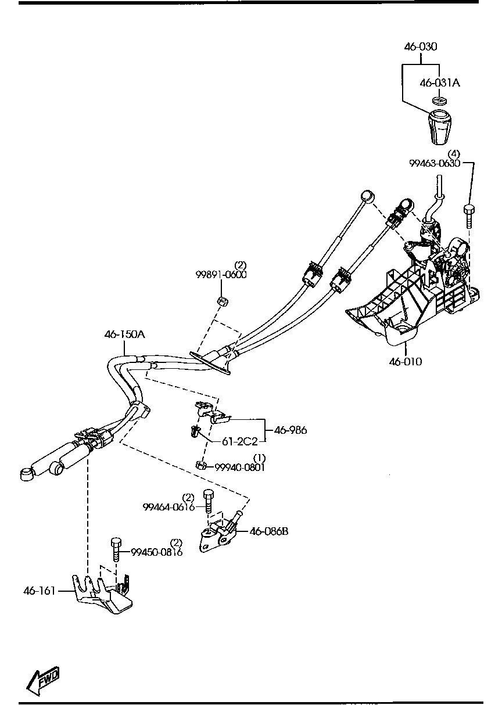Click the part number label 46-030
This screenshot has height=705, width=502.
coord(421,46)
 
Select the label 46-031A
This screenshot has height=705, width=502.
coord(440,83)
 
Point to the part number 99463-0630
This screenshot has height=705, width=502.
coord(434,163)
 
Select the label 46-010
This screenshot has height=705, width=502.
coord(406,362)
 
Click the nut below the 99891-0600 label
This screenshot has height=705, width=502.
coord(221,301)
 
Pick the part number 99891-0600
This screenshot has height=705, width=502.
coord(221,275)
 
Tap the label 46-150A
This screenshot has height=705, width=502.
coord(124,334)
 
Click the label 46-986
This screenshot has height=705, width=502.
coord(290,430)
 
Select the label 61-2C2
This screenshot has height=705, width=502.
coord(239,441)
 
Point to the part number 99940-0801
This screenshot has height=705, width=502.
coord(240,467)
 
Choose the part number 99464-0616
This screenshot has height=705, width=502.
coord(168,507)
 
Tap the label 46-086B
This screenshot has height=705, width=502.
coord(268,531)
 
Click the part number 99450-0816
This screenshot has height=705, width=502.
coord(156,552)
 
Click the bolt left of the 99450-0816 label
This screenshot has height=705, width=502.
coord(116,549)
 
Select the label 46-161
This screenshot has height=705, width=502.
coord(40,591)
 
